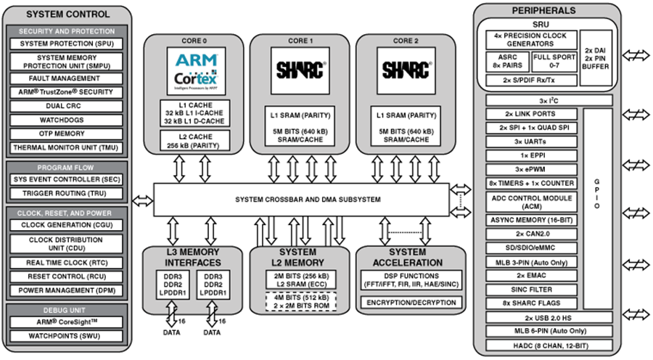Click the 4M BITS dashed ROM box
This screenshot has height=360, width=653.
(300, 300)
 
